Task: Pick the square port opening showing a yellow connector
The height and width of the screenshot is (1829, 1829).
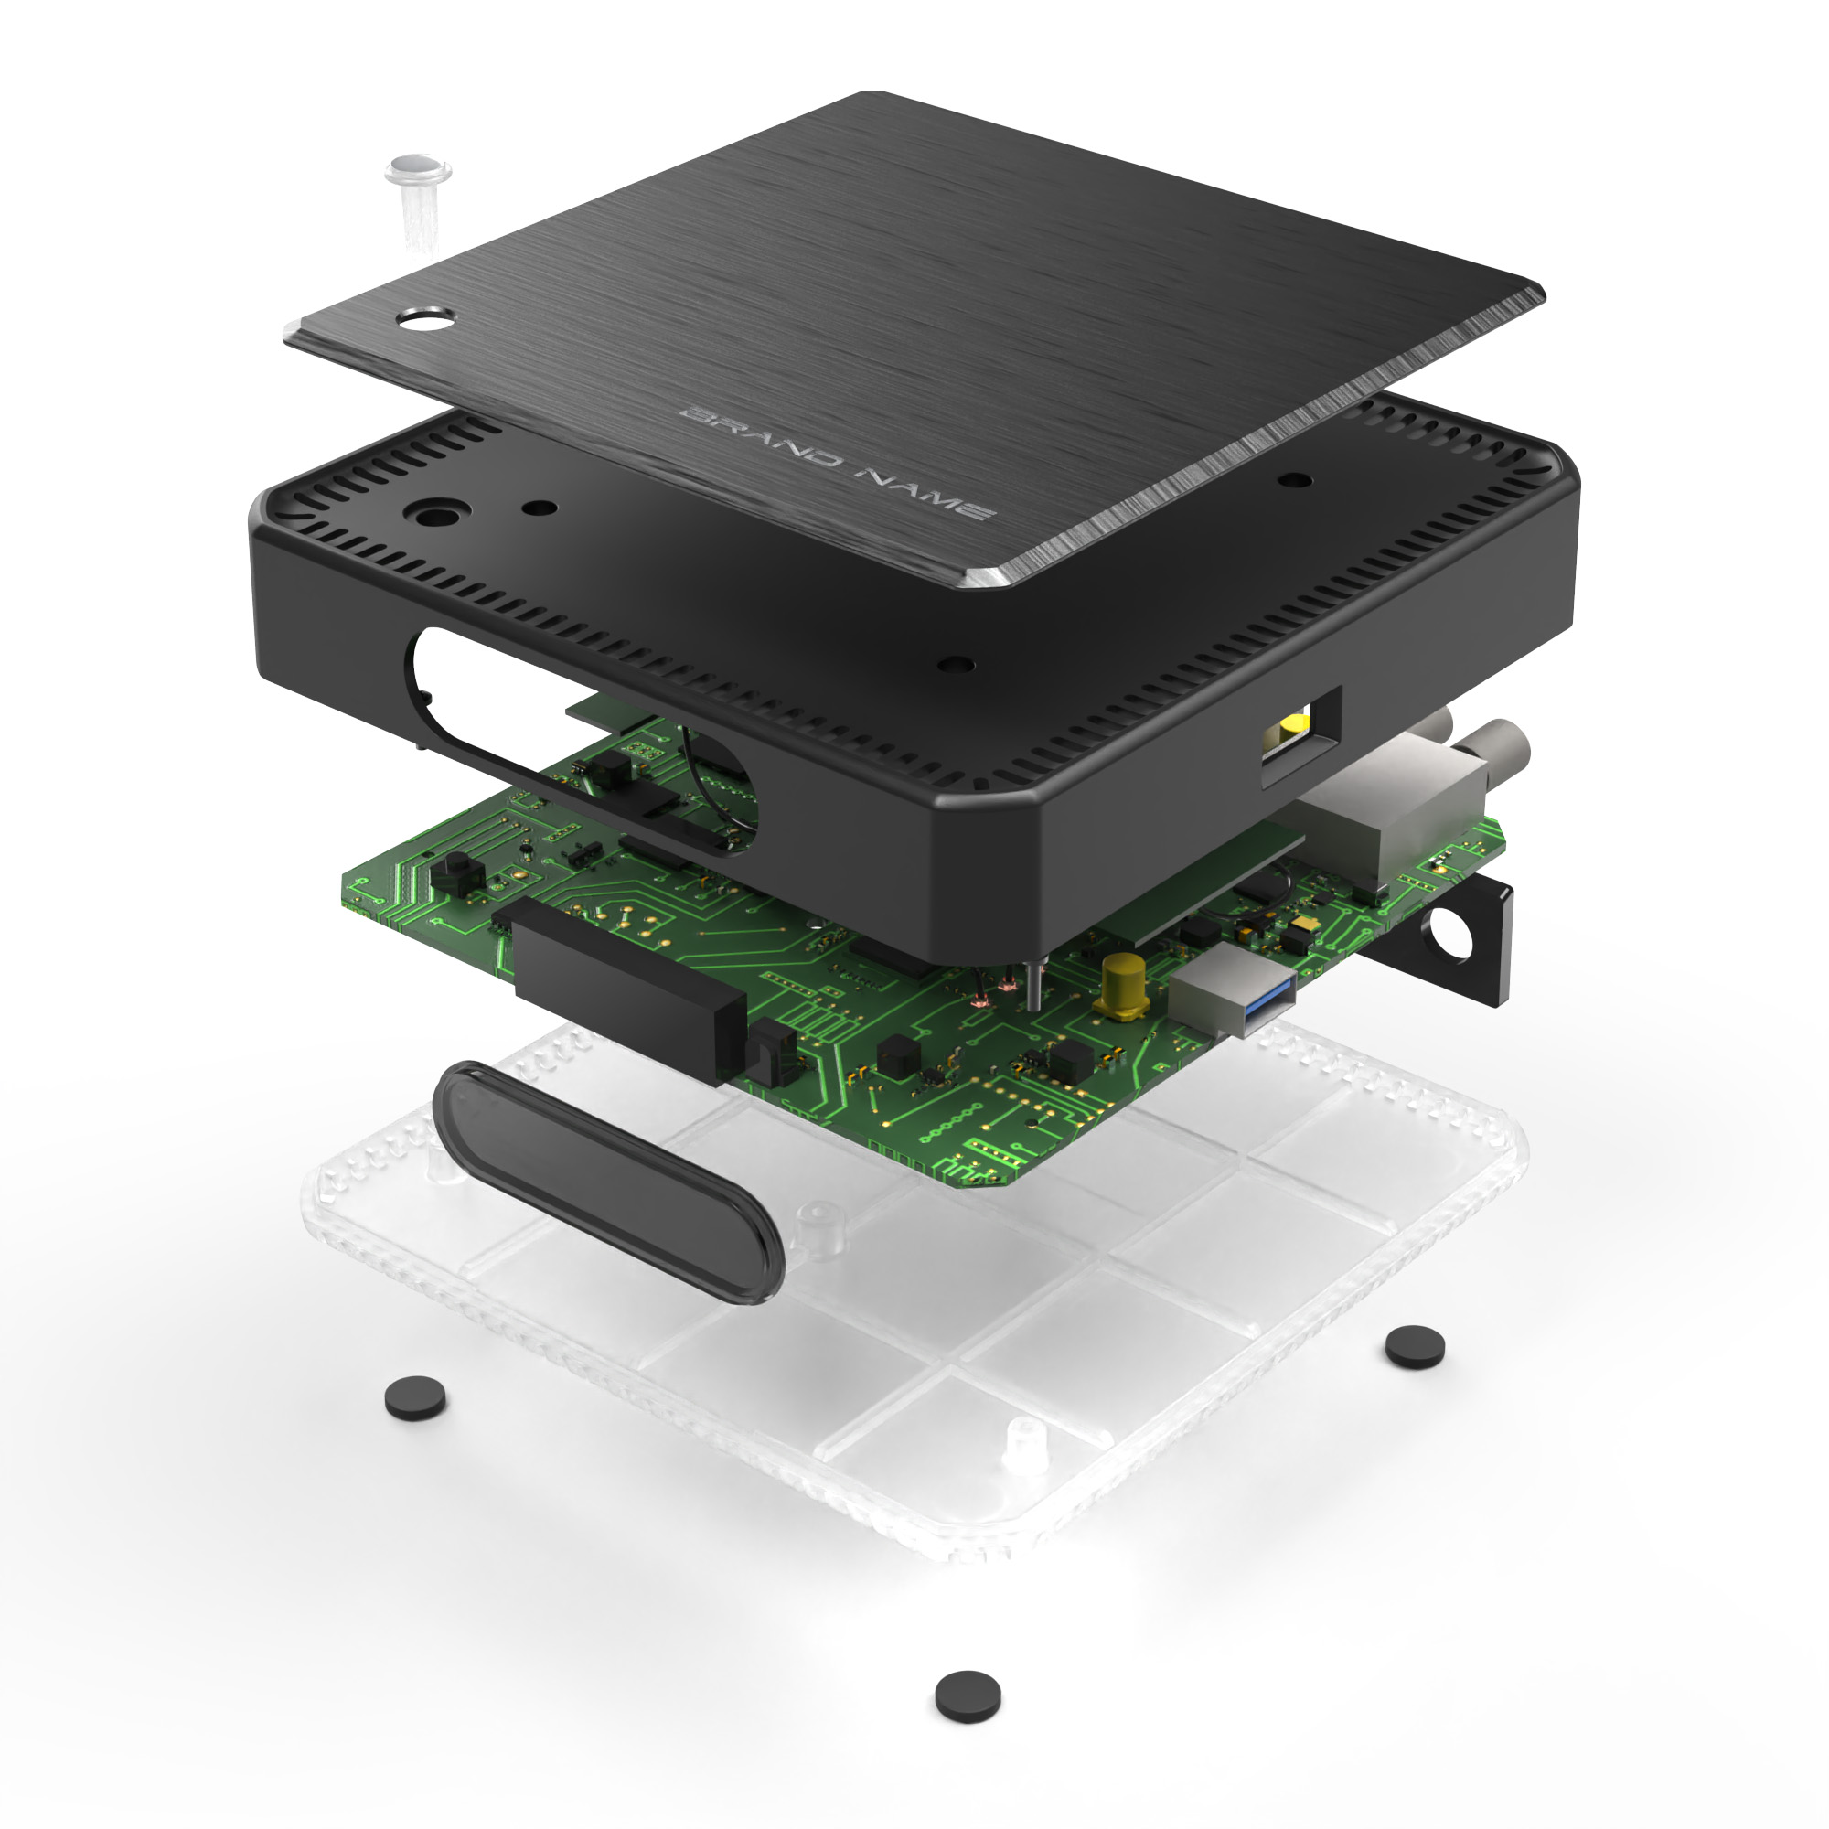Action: click(1301, 735)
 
